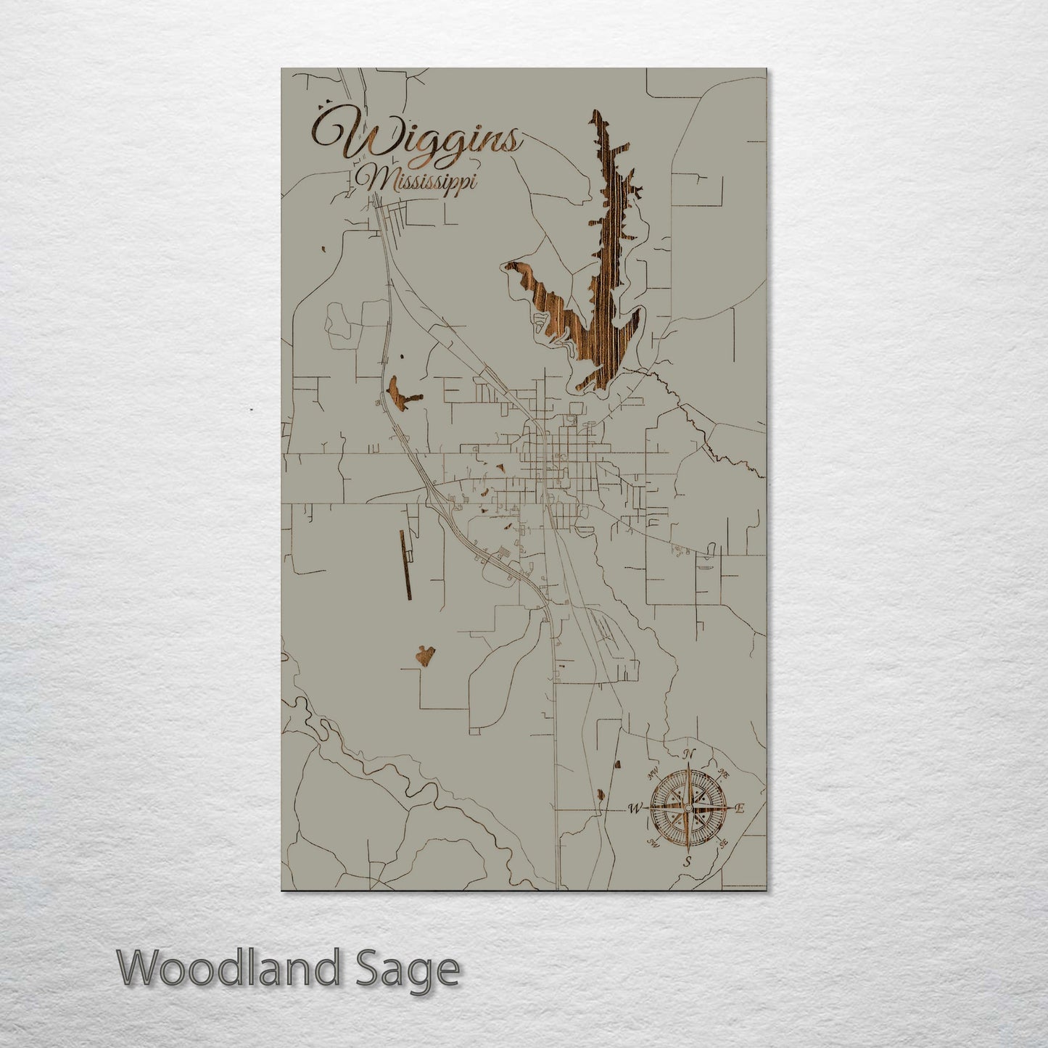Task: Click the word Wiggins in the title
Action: coord(415,137)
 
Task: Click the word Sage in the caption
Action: coord(413,969)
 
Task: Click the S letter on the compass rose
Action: coord(688,862)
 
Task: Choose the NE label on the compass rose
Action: coord(722,773)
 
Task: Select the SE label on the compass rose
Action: coord(723,843)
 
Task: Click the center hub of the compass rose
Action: coord(688,806)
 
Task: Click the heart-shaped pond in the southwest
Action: coord(426,656)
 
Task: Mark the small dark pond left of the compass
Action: coord(601,796)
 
